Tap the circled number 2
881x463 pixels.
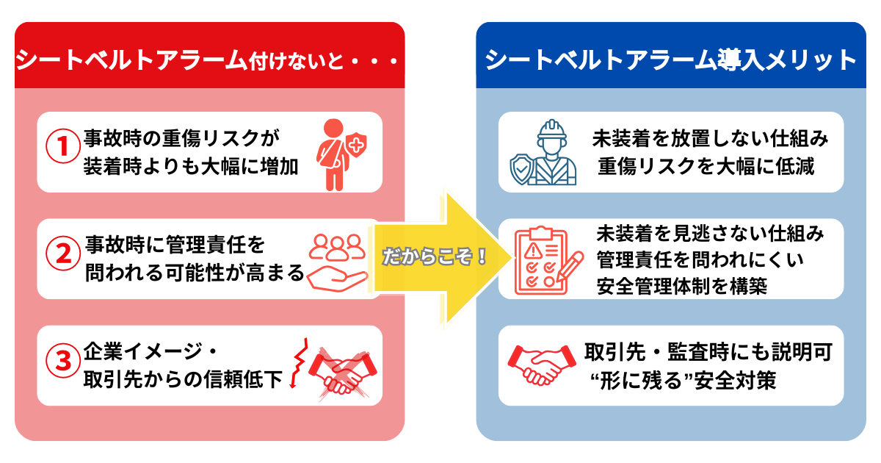pyautogui.click(x=62, y=254)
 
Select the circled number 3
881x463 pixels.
pyautogui.click(x=62, y=361)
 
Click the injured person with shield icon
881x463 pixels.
pyautogui.click(x=338, y=153)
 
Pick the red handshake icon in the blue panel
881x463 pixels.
pyautogui.click(x=543, y=365)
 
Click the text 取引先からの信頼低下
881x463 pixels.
pyautogui.click(x=183, y=380)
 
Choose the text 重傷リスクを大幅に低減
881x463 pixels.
pyautogui.click(x=706, y=165)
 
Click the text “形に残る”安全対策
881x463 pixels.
pyautogui.click(x=683, y=381)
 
